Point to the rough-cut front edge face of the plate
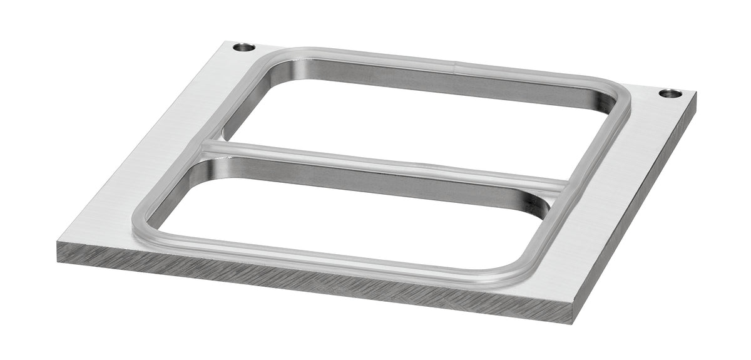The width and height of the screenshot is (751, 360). [x=313, y=282]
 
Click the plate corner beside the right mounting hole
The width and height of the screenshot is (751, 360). [x=695, y=94]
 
